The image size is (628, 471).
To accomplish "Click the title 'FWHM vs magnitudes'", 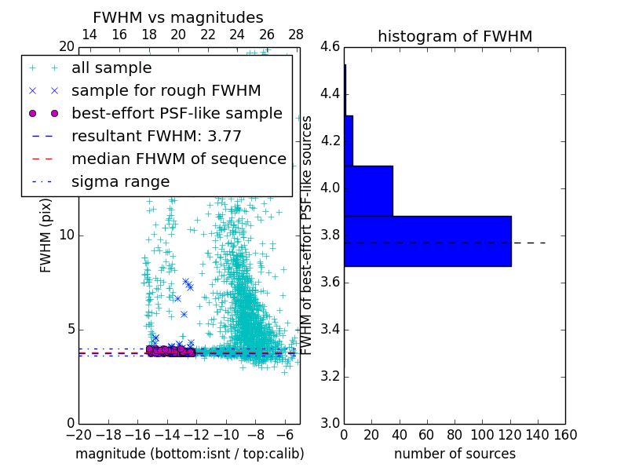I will click(x=177, y=17).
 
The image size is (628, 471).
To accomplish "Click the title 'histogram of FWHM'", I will click(x=455, y=36).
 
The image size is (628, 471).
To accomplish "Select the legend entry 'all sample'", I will click(x=111, y=68).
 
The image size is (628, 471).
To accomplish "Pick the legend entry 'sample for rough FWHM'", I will click(x=166, y=90).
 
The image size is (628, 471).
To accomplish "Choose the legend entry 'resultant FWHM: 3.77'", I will click(x=156, y=136).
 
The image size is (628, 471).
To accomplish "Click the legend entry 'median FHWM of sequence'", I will click(x=178, y=159).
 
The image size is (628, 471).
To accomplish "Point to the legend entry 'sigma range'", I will click(x=120, y=181).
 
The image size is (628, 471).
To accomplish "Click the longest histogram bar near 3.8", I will click(x=428, y=241).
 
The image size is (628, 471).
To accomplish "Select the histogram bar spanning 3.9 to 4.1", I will click(x=368, y=191).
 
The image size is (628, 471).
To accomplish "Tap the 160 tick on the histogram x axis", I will click(x=565, y=434).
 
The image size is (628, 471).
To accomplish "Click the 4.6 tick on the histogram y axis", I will click(x=330, y=47).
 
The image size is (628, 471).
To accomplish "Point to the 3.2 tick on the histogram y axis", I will click(x=330, y=376).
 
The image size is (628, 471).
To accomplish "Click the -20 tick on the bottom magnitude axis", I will click(x=78, y=434).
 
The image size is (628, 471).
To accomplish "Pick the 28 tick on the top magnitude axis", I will click(x=296, y=35).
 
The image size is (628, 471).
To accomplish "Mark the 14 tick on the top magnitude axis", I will click(x=89, y=35).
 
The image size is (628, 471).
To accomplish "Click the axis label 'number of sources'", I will click(x=455, y=454).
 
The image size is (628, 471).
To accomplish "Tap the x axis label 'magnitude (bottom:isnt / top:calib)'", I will click(x=189, y=454).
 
